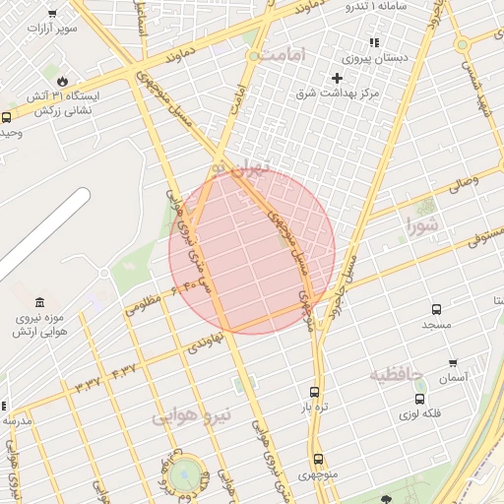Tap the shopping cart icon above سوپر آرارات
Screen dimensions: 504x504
[52, 13]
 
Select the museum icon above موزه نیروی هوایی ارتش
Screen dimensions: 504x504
[39, 302]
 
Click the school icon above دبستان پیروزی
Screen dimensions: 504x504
[373, 42]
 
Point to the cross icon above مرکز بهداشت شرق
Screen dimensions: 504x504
[338, 77]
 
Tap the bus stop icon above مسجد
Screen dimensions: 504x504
[436, 307]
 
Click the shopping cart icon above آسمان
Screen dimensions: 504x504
[453, 362]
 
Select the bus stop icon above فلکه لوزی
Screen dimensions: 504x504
[420, 399]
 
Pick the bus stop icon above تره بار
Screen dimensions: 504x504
[314, 391]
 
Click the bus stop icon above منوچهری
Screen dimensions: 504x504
[317, 458]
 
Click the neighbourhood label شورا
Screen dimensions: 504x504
[421, 227]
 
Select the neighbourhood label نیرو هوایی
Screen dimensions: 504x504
[192, 416]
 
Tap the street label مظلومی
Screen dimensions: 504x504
[144, 306]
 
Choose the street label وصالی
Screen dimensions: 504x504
[463, 184]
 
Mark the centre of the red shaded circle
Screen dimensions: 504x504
[252, 251]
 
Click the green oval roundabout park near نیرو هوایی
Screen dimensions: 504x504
[183, 475]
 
